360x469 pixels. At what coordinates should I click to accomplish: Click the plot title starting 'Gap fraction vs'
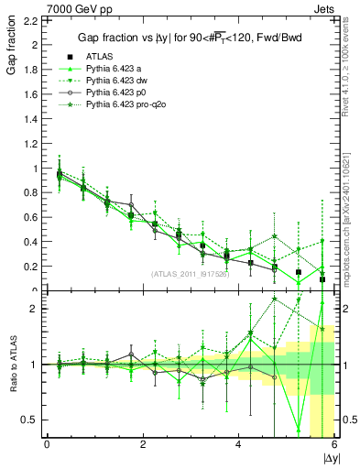[x=187, y=37]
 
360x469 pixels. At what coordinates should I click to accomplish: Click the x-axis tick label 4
[x=238, y=444]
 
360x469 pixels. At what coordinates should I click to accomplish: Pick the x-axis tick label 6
[x=334, y=444]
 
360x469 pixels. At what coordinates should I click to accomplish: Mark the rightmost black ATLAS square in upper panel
[x=322, y=279]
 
